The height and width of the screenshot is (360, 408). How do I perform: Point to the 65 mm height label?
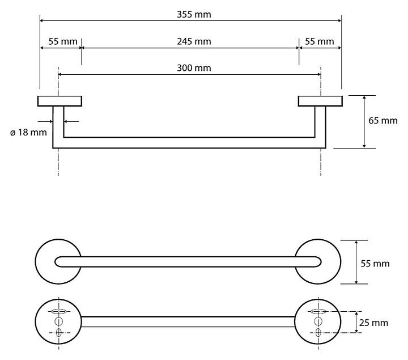click(383, 121)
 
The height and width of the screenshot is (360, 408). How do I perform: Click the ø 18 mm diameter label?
click(28, 133)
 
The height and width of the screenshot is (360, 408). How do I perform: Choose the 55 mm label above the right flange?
click(319, 41)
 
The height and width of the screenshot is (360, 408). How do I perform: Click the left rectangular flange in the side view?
click(59, 101)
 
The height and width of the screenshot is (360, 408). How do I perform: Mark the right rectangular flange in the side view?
click(320, 101)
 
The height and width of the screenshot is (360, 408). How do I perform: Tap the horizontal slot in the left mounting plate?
click(58, 311)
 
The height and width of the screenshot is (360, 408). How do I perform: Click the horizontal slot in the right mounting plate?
click(318, 311)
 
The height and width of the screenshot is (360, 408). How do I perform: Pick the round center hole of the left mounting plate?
click(58, 321)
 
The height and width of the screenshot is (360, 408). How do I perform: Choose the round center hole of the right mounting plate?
click(318, 321)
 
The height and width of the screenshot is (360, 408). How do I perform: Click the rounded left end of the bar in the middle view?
click(59, 261)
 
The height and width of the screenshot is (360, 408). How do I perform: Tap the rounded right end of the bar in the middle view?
click(318, 261)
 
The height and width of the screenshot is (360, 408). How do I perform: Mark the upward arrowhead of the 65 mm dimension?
click(363, 98)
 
